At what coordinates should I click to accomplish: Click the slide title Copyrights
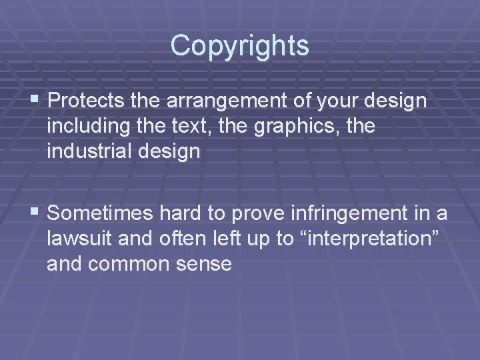point(239,45)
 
